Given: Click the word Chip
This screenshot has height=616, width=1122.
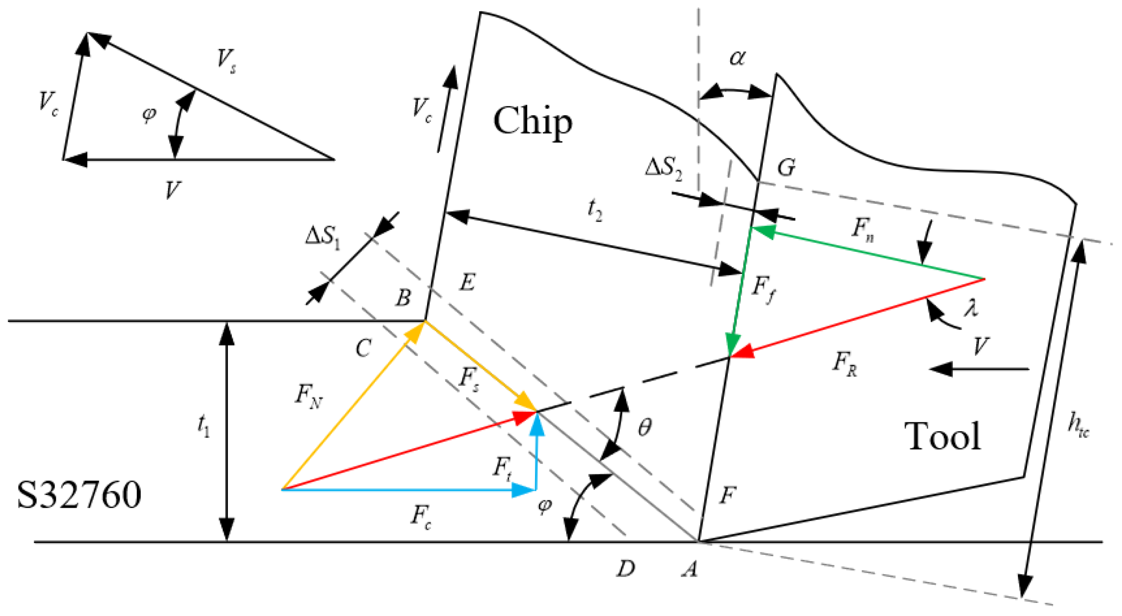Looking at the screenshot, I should pos(533,121).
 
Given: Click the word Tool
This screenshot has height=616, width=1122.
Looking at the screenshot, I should pos(942,436).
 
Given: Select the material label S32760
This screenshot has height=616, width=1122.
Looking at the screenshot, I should pos(79,495).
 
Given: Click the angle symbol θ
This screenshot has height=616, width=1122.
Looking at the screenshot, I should pos(645,427).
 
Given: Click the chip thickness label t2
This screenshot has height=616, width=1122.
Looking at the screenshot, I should pos(595,210).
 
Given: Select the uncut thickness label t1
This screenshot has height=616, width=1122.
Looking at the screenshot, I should pos(204,426).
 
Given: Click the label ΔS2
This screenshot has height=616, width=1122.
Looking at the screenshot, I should pos(664,170).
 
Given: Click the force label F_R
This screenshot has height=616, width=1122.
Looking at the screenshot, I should pos(844,364).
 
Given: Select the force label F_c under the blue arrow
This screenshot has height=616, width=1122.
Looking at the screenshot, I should pos(421,517).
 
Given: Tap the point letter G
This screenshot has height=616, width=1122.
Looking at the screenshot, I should pos(786,168).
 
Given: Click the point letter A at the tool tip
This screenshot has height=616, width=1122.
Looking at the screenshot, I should pos(690,569).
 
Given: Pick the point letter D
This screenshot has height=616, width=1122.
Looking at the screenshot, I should pos(626,569).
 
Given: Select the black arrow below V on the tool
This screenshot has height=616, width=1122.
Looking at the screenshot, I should pos(979,369).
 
